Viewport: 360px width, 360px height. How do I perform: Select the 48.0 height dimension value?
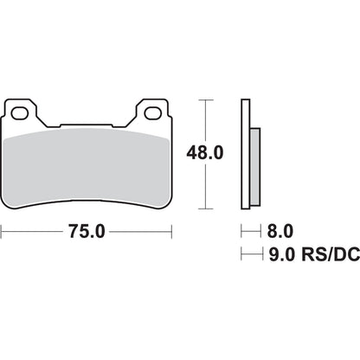click(207, 153)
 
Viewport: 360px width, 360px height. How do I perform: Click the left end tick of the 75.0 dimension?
click(3, 232)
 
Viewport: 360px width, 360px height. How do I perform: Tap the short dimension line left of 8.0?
click(250, 232)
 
